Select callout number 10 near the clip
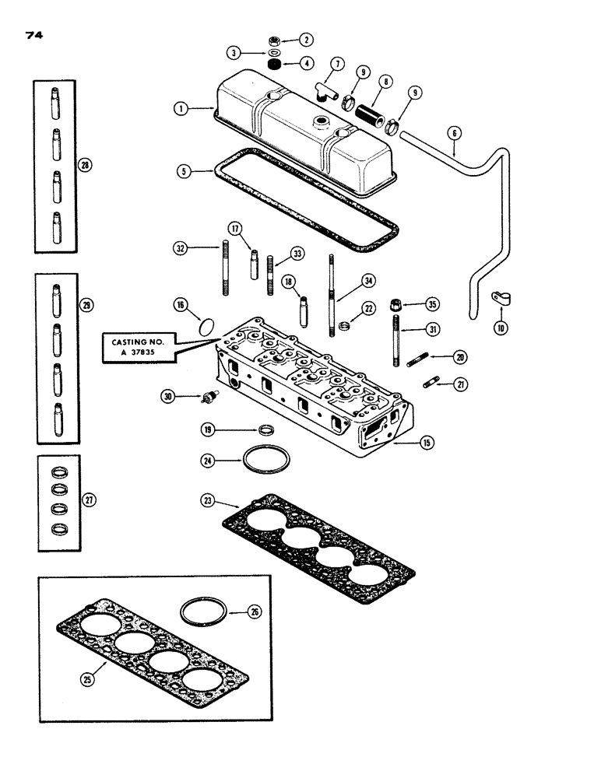coord(500,328)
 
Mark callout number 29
coord(87,306)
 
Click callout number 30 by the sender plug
coord(167,396)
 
